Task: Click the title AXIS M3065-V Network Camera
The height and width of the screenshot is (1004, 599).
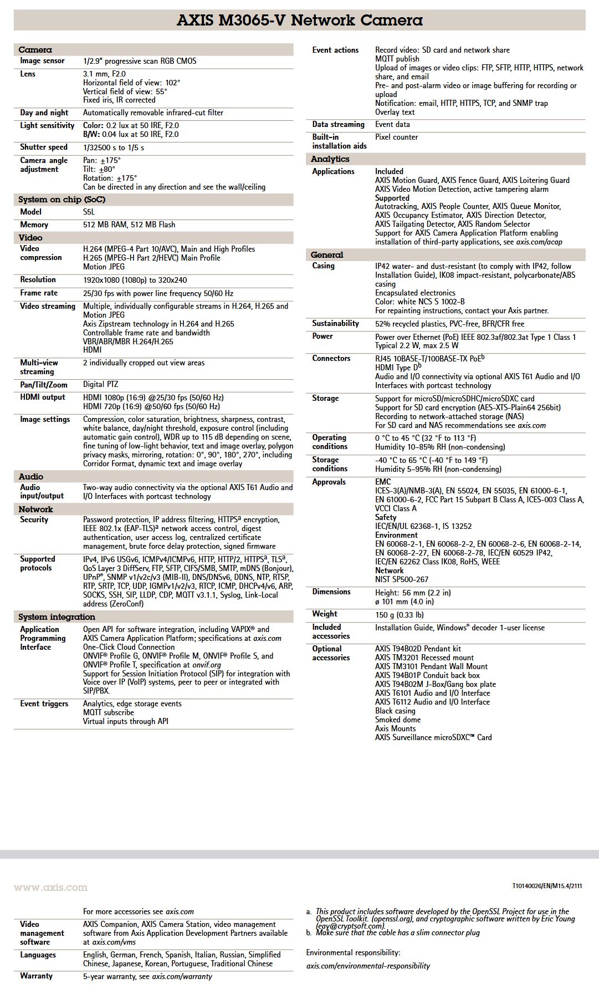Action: tap(299, 21)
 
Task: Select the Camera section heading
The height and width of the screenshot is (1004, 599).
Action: tap(35, 50)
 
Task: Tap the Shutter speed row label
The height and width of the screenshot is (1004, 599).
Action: tap(44, 147)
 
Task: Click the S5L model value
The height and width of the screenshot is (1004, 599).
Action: tap(89, 212)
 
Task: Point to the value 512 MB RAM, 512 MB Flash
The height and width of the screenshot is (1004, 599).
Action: tap(129, 225)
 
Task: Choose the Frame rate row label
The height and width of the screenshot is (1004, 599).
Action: tap(39, 293)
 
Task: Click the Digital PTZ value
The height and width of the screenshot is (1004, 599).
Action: tap(100, 385)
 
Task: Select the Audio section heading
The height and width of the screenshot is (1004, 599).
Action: tap(30, 477)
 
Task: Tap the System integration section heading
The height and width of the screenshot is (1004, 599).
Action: tap(57, 617)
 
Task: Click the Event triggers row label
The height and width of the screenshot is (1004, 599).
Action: tap(44, 704)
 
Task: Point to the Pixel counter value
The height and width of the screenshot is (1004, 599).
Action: tap(396, 137)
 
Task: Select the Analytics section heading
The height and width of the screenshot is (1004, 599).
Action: tap(330, 159)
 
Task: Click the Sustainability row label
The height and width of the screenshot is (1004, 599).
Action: tap(335, 324)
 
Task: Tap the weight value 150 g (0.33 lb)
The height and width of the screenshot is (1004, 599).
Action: tap(399, 615)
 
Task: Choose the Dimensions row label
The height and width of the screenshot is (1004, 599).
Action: tap(331, 592)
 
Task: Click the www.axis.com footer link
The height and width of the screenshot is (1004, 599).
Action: tap(50, 888)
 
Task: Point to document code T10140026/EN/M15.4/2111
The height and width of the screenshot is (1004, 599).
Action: tap(547, 886)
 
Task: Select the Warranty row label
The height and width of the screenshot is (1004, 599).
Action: tap(37, 976)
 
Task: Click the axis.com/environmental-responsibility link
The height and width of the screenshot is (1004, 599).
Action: tap(368, 966)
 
